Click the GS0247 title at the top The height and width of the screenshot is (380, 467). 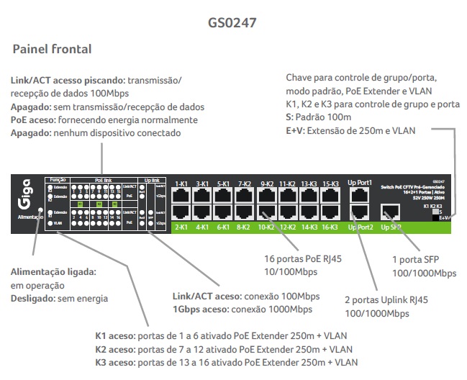[x=232, y=22]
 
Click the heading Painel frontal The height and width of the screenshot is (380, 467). [x=52, y=50]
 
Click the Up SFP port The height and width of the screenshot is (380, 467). [x=391, y=212]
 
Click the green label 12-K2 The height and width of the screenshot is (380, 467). [x=287, y=227]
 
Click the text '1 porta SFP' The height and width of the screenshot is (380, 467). [x=410, y=261]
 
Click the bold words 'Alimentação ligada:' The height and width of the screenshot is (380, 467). [x=53, y=271]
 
